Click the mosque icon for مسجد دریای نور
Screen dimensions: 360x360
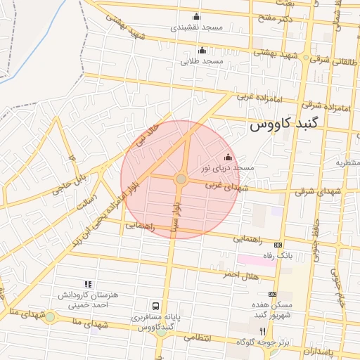pyautogui.click(x=227, y=157)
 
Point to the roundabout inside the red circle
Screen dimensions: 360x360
pyautogui.click(x=181, y=179)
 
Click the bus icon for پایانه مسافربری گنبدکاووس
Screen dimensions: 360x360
pyautogui.click(x=155, y=307)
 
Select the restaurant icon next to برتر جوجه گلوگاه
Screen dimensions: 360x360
pyautogui.click(x=262, y=330)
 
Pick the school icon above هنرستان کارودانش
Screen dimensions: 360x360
pyautogui.click(x=87, y=283)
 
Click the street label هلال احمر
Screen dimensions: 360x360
pyautogui.click(x=237, y=273)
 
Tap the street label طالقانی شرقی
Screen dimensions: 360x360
pyautogui.click(x=330, y=60)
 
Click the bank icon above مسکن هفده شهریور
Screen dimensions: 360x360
pyautogui.click(x=273, y=294)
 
